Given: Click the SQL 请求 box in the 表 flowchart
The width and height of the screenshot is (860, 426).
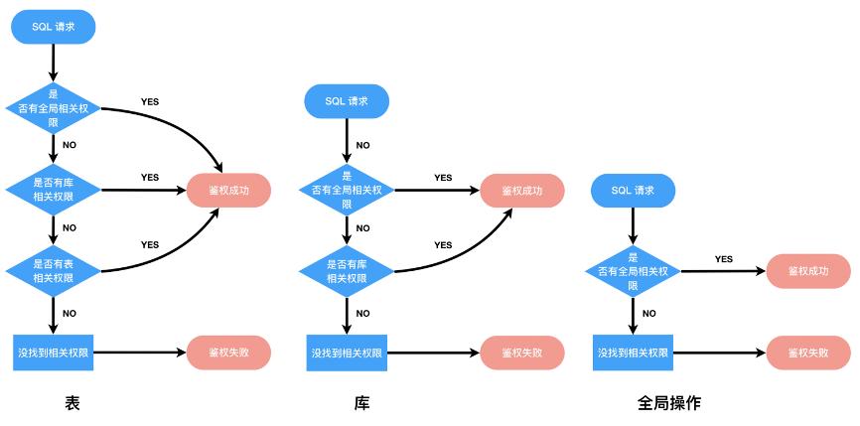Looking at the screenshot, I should pos(54,28).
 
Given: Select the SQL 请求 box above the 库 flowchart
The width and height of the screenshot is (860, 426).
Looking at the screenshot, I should pos(347,101).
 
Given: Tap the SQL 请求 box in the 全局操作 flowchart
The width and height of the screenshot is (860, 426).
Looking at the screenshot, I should pos(633,190).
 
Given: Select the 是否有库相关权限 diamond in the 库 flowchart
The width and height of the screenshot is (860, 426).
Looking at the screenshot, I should pos(347,270).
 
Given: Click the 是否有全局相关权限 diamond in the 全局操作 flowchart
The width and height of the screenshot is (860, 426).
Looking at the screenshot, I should pos(633,270).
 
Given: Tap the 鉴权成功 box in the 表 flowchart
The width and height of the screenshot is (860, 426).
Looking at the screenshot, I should pos(228,189).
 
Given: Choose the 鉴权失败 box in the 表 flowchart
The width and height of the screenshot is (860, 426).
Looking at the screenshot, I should pos(228,352).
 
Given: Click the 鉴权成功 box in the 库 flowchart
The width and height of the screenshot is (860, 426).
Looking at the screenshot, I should pos(522,189).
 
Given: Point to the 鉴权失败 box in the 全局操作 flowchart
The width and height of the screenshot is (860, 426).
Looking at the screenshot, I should pos(808,352).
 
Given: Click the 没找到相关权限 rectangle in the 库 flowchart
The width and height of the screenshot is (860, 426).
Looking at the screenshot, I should pos(347,352).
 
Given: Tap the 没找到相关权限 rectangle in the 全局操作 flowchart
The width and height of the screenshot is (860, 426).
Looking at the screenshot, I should pos(633,352).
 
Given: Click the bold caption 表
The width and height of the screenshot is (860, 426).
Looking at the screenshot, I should pos(72,404).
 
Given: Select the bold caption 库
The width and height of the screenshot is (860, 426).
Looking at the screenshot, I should pos(362,404).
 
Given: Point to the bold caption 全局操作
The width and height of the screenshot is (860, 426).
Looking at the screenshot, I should pos(669,404).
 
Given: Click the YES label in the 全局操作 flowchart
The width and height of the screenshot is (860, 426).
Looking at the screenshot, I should pos(724,259).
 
